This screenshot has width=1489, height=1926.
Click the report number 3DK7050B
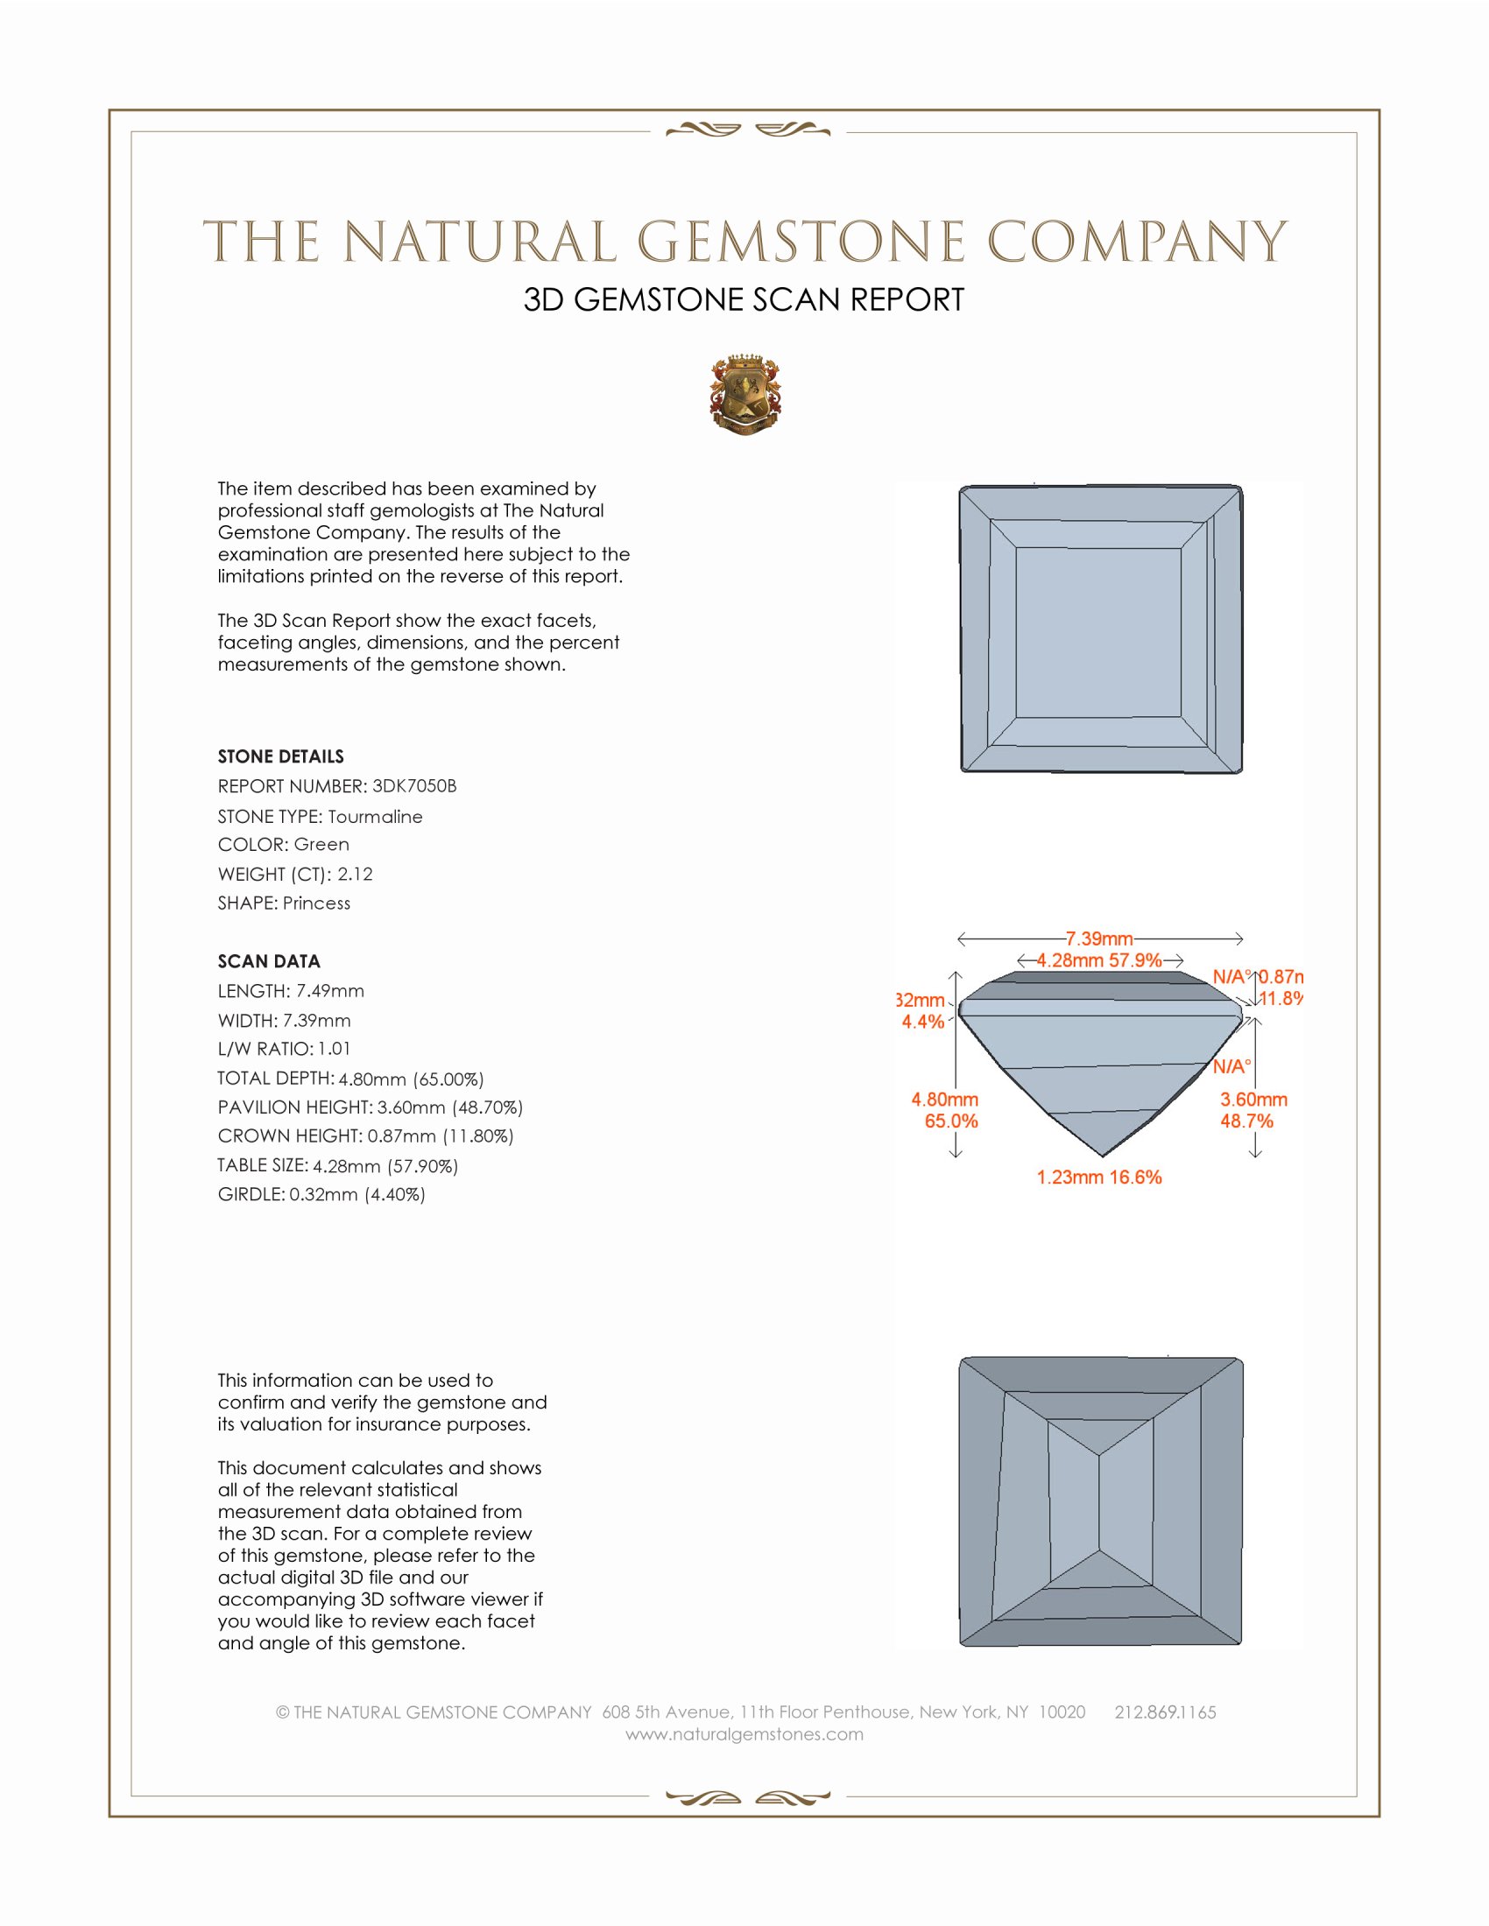413,786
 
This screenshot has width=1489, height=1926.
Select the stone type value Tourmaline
375,817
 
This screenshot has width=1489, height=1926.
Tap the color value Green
321,845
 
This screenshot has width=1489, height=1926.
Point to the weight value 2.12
355,874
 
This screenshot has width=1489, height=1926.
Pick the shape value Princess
317,903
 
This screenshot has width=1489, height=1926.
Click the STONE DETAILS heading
280,756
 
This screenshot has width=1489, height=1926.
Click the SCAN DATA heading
269,961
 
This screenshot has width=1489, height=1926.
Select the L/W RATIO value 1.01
335,1049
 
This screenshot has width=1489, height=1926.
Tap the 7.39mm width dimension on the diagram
1098,938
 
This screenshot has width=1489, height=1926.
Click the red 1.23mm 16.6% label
1098,1177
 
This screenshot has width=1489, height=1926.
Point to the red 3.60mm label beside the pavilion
1253,1100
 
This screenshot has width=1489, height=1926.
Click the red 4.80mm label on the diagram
945,1100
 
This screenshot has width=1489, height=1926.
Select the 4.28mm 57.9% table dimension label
1098,960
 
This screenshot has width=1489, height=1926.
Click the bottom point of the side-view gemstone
1103,1155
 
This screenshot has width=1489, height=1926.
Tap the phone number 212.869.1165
1164,1712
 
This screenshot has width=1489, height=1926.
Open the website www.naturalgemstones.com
744,1733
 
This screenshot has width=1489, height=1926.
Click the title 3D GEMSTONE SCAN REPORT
744,299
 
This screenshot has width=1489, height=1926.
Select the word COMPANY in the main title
1137,242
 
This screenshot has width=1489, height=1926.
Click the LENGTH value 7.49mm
330,990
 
